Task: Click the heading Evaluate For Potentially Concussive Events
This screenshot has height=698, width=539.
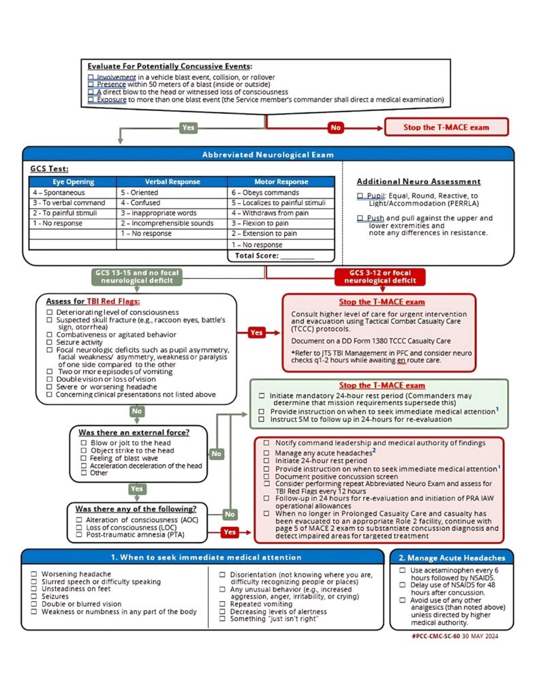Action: [x=170, y=66]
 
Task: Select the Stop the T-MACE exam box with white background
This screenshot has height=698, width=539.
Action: [x=446, y=127]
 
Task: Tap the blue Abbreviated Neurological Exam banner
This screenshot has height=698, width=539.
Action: [x=268, y=155]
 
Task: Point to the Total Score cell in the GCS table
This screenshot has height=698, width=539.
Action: [x=281, y=256]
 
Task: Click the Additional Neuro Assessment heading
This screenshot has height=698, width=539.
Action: [x=418, y=182]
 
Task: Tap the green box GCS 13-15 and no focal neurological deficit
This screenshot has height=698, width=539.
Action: [x=138, y=277]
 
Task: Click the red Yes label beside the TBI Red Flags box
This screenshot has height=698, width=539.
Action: [x=256, y=333]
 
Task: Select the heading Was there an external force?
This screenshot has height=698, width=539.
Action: [x=134, y=432]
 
